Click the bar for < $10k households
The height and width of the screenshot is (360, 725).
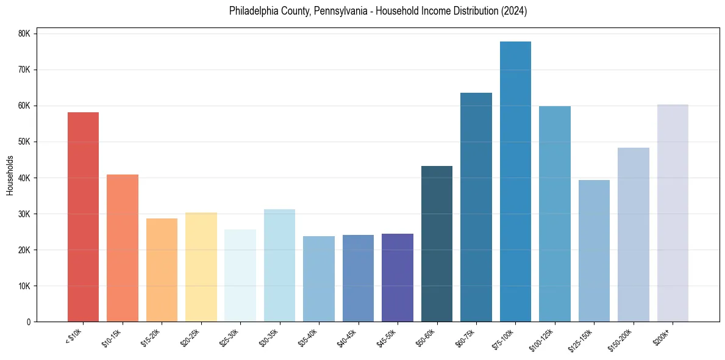pos(83,217)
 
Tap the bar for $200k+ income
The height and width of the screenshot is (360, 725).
pos(673,213)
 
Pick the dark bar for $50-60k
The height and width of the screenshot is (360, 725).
pos(437,243)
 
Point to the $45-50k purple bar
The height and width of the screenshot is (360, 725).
pos(398,278)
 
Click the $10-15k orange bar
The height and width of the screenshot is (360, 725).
pos(123,248)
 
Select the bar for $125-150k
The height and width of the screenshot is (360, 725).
pos(594,251)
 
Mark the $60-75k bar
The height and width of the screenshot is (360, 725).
pos(476,207)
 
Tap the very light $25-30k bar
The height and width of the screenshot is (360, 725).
pos(240,275)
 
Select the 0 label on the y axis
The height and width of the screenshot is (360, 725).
pos(29,322)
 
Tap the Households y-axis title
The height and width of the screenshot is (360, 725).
pos(10,175)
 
